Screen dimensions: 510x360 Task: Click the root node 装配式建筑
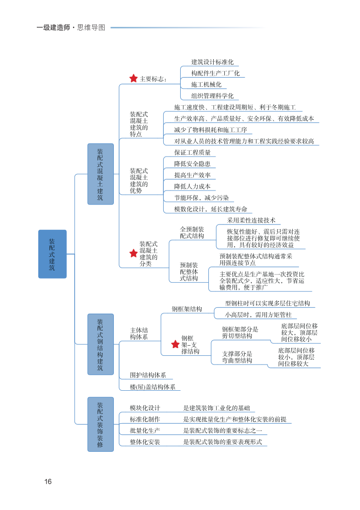pyautogui.click(x=52, y=254)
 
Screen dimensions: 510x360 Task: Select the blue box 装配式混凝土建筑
pyautogui.click(x=100, y=174)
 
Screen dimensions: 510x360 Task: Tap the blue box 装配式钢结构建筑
pyautogui.click(x=100, y=344)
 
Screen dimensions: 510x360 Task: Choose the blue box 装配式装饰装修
pyautogui.click(x=100, y=424)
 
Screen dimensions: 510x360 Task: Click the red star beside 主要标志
pyautogui.click(x=133, y=79)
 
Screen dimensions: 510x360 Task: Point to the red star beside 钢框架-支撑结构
pyautogui.click(x=175, y=344)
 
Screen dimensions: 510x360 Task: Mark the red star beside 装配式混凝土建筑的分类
pyautogui.click(x=133, y=254)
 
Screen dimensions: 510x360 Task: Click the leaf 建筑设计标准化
pyautogui.click(x=212, y=62)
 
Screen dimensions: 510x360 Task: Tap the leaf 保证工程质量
pyautogui.click(x=192, y=153)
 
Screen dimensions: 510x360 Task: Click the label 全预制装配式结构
pyautogui.click(x=192, y=233)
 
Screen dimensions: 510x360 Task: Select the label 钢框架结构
pyautogui.click(x=187, y=309)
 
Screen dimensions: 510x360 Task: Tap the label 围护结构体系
pyautogui.click(x=148, y=375)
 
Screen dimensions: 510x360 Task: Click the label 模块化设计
pyautogui.click(x=145, y=408)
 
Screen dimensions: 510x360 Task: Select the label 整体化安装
pyautogui.click(x=145, y=442)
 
